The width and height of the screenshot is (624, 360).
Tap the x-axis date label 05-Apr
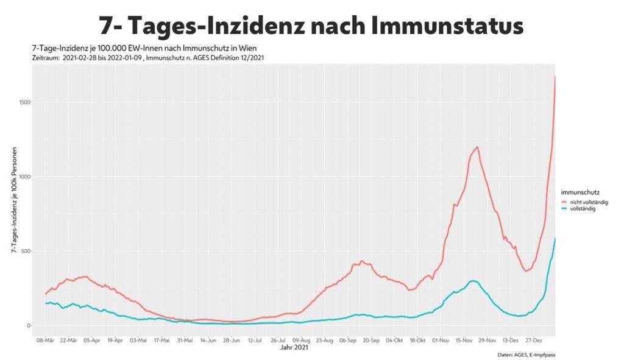92,341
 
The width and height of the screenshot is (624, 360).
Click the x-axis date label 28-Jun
232,341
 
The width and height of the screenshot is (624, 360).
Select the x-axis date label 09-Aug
302,341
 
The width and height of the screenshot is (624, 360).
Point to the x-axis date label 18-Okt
418,341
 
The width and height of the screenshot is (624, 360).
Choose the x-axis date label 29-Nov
487,341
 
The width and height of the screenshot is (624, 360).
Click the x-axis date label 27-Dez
534,341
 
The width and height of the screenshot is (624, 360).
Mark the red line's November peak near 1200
477,147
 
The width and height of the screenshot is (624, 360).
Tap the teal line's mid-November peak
472,281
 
